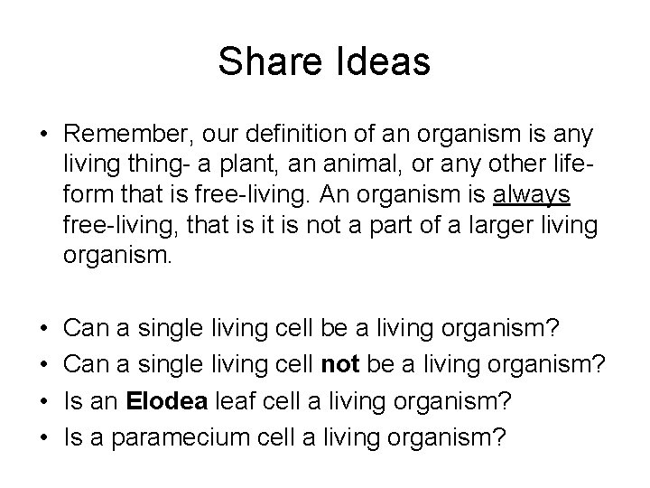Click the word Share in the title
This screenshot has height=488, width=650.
(265, 61)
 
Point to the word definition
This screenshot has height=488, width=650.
(304, 135)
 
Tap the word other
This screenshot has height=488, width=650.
(492, 164)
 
